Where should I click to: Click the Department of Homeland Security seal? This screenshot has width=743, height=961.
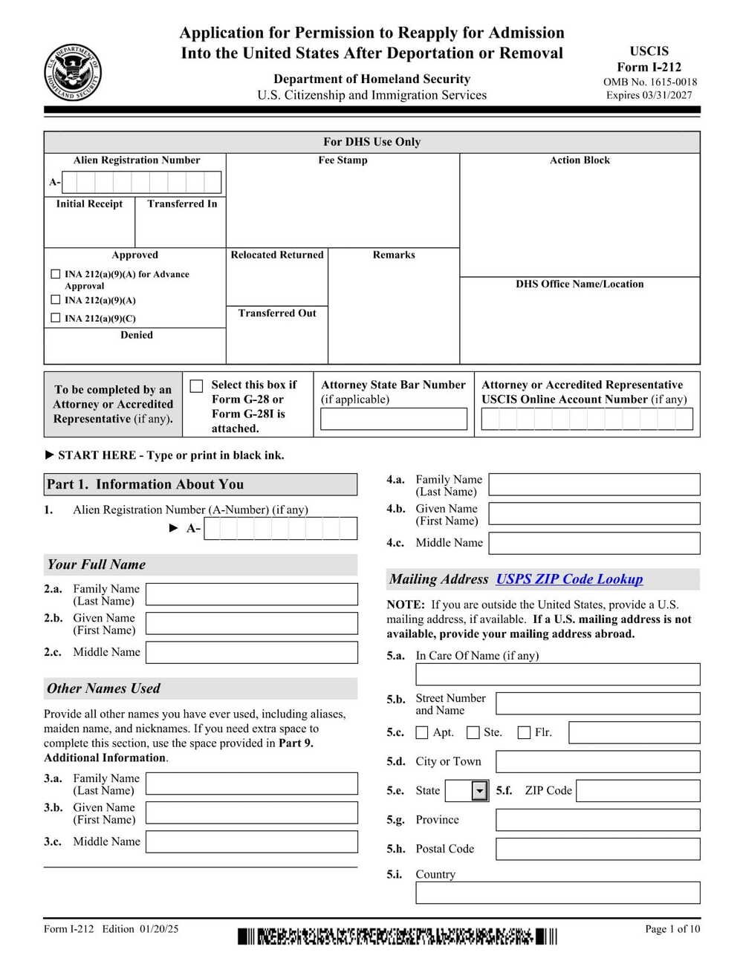(x=72, y=74)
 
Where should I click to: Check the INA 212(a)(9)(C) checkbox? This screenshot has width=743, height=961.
(x=55, y=318)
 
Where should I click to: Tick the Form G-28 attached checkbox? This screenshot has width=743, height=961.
(x=196, y=385)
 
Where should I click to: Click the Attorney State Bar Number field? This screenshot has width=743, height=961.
(x=393, y=419)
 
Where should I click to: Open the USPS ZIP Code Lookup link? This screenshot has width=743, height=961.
(x=569, y=579)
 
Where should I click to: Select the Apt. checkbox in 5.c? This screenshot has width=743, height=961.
(x=422, y=733)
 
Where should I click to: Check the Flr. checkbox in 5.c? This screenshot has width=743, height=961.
(x=524, y=733)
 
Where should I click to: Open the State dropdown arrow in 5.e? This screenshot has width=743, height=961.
(x=480, y=791)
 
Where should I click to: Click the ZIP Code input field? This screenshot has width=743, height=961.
(x=637, y=791)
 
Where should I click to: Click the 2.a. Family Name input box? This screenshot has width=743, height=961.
(x=251, y=594)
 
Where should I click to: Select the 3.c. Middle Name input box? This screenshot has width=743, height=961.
(x=251, y=841)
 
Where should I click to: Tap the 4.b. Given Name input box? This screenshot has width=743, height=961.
(x=594, y=514)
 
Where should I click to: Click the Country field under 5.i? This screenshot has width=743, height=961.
(x=557, y=893)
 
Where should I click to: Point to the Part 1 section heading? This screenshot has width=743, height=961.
(x=146, y=484)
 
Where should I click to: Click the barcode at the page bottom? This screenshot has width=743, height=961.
(x=397, y=936)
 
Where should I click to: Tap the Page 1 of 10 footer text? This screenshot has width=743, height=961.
(x=672, y=929)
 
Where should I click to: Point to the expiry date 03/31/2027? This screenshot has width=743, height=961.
(x=649, y=95)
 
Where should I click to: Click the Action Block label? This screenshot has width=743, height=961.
(x=580, y=160)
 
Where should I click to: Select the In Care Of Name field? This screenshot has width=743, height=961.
(x=557, y=674)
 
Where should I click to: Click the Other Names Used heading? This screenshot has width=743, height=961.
(x=103, y=688)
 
